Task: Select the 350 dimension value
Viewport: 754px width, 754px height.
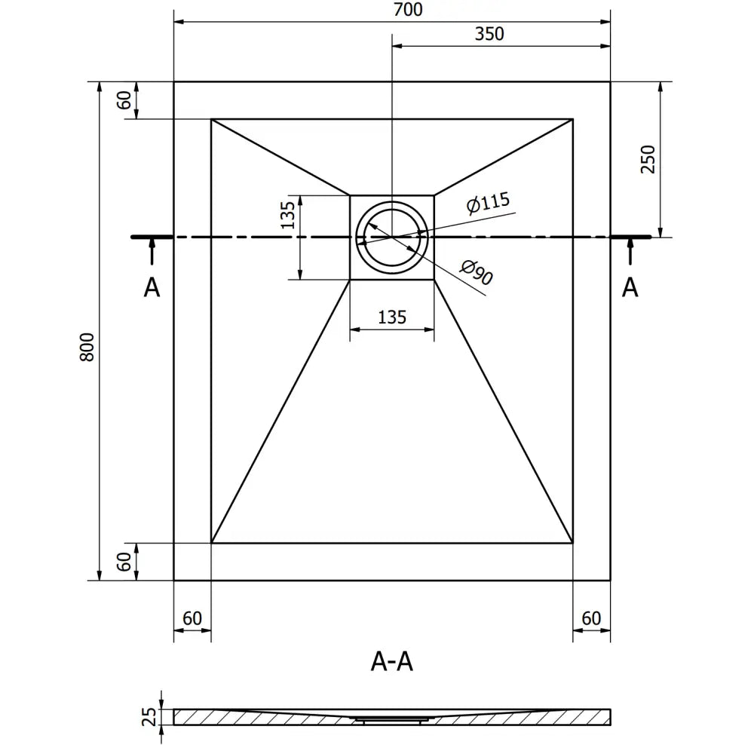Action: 489,34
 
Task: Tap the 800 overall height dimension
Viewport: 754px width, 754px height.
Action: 87,346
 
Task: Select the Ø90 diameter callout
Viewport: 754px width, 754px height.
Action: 477,271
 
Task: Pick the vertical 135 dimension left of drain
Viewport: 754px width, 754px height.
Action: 287,215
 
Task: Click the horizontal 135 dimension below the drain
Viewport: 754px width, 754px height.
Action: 391,317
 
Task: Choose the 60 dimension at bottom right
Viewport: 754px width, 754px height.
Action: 591,618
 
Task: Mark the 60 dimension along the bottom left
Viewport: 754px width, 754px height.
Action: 192,618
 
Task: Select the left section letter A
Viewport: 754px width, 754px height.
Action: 152,287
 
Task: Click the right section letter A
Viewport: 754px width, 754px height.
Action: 630,287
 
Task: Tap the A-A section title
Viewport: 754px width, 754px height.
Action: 392,661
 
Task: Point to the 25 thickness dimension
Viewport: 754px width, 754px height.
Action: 149,716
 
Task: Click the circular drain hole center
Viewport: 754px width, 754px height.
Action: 391,236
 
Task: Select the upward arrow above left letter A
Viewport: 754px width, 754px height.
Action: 152,250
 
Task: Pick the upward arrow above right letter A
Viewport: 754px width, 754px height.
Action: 630,250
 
